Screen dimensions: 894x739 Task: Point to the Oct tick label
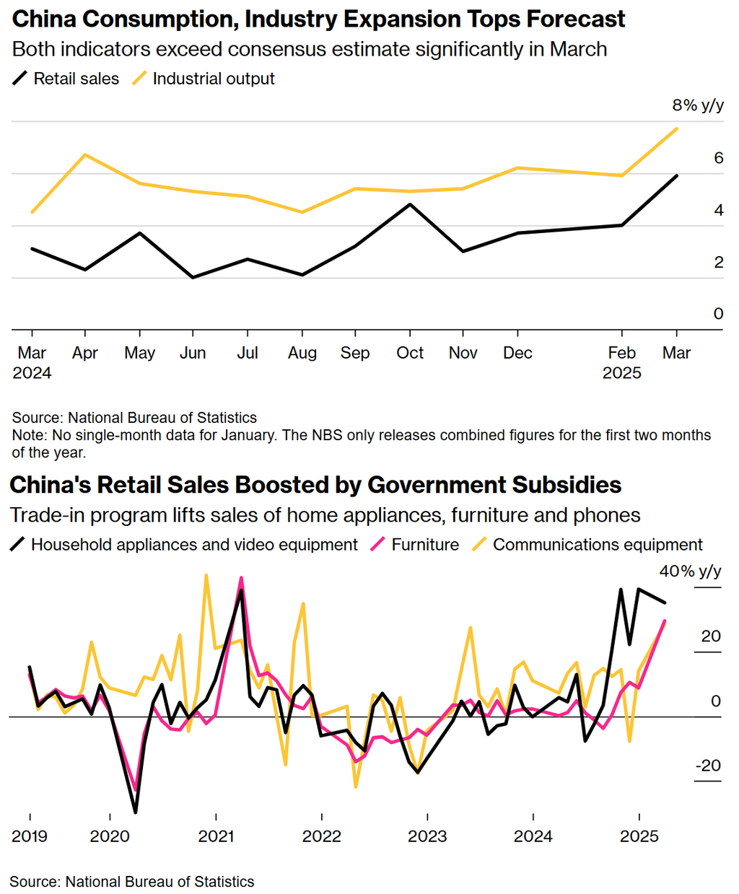pos(410,353)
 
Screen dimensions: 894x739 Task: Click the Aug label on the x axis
pos(302,353)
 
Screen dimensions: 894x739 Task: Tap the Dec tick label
pos(517,353)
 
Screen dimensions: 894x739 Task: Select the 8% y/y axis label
pos(697,105)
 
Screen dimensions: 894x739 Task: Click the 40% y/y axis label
pos(690,571)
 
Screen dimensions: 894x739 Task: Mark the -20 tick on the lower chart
pos(708,766)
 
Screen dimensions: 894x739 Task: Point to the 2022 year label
pos(321,836)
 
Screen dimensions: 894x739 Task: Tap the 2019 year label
pos(30,836)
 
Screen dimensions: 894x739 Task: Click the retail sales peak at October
pos(410,204)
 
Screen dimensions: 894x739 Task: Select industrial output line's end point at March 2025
pos(676,129)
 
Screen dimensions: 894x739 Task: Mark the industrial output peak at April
pos(86,154)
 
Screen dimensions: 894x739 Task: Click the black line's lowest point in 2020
pos(136,812)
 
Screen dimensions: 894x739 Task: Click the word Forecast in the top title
pos(574,19)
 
